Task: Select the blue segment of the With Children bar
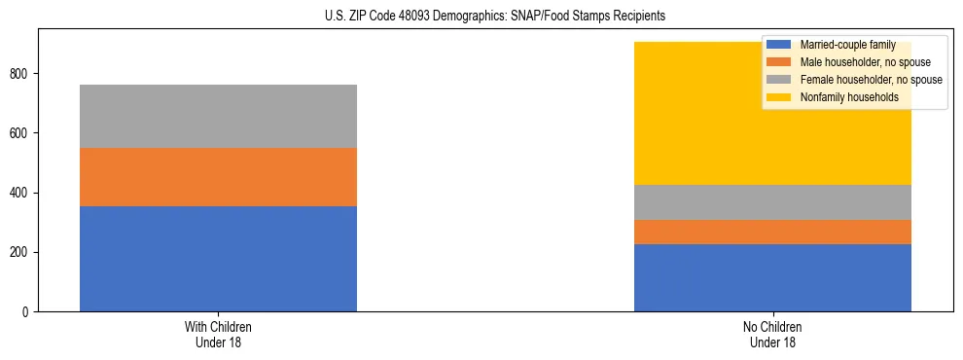(x=218, y=259)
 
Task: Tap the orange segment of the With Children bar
(x=218, y=177)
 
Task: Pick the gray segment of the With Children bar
(x=218, y=116)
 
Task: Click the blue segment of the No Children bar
(x=772, y=277)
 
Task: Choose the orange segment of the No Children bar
(x=772, y=232)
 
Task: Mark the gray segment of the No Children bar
(x=772, y=202)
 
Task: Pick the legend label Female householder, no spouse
(x=870, y=80)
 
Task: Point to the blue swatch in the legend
(x=779, y=45)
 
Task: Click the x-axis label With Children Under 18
(x=218, y=335)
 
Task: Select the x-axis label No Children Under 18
(x=772, y=335)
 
